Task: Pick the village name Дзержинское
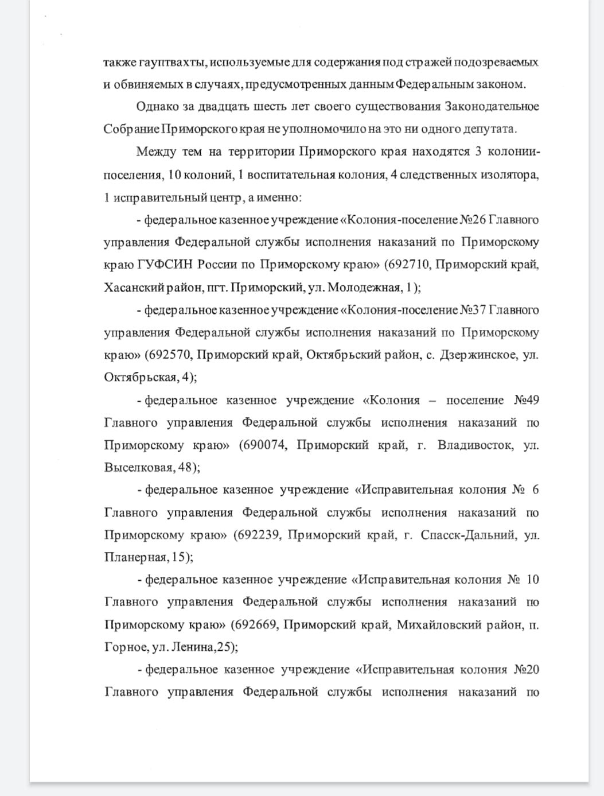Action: click(478, 355)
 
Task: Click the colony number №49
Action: click(526, 400)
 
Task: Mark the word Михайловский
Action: click(440, 625)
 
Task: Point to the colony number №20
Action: click(526, 670)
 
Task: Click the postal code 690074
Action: click(264, 445)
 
